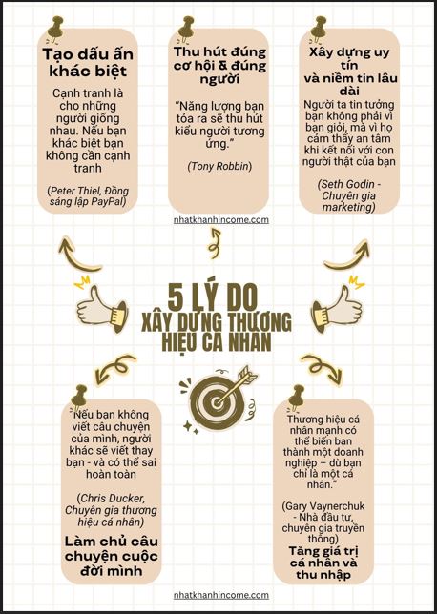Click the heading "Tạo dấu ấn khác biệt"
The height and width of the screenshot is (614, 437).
click(88, 63)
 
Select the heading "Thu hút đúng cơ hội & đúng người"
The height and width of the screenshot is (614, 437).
click(219, 66)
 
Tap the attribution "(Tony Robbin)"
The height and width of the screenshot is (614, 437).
click(219, 166)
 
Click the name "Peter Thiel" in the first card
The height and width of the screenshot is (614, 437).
click(71, 191)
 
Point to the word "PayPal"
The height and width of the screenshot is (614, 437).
click(108, 201)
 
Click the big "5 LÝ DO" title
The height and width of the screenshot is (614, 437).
click(213, 297)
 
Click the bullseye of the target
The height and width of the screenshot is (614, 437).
click(216, 401)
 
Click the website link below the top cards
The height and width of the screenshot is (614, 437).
click(221, 220)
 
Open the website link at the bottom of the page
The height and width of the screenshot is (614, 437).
click(221, 595)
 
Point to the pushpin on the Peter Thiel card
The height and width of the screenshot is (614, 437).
click(55, 29)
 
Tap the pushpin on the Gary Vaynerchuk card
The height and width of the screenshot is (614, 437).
click(297, 397)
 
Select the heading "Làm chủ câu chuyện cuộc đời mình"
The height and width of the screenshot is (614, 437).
click(112, 556)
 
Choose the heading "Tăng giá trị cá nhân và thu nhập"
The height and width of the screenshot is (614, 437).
click(323, 563)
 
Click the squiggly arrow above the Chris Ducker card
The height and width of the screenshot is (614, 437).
click(114, 368)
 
